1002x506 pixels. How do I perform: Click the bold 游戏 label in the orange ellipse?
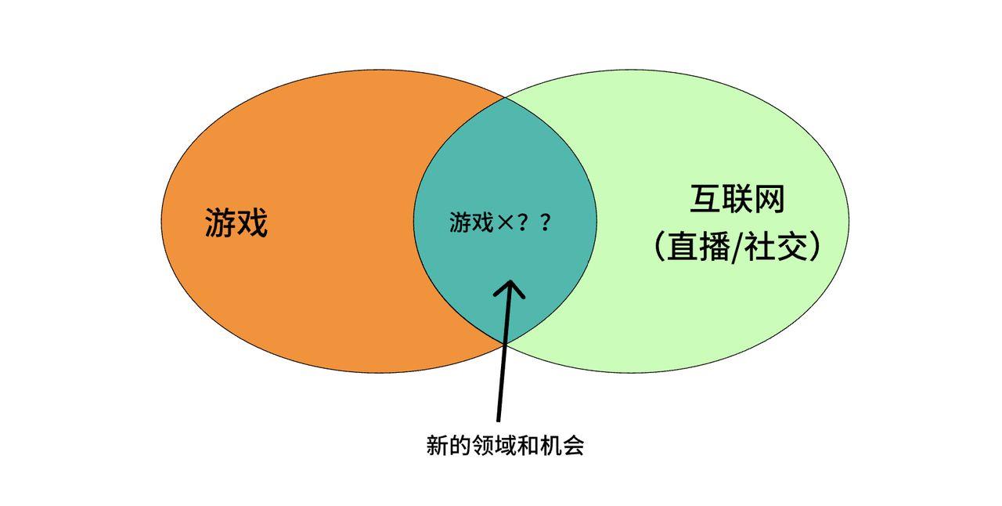[236, 222]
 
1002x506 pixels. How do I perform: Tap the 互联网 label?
[737, 200]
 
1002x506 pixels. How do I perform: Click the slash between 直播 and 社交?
[734, 248]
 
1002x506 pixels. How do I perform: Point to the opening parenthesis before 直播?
[658, 248]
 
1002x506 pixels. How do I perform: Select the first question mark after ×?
[524, 222]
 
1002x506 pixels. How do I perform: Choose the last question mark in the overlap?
[546, 222]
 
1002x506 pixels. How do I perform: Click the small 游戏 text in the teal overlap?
[471, 222]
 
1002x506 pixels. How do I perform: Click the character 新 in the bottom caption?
[436, 446]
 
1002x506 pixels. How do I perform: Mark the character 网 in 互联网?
[770, 200]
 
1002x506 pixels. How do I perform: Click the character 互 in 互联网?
[705, 200]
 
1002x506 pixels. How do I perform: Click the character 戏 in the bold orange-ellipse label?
[252, 222]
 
